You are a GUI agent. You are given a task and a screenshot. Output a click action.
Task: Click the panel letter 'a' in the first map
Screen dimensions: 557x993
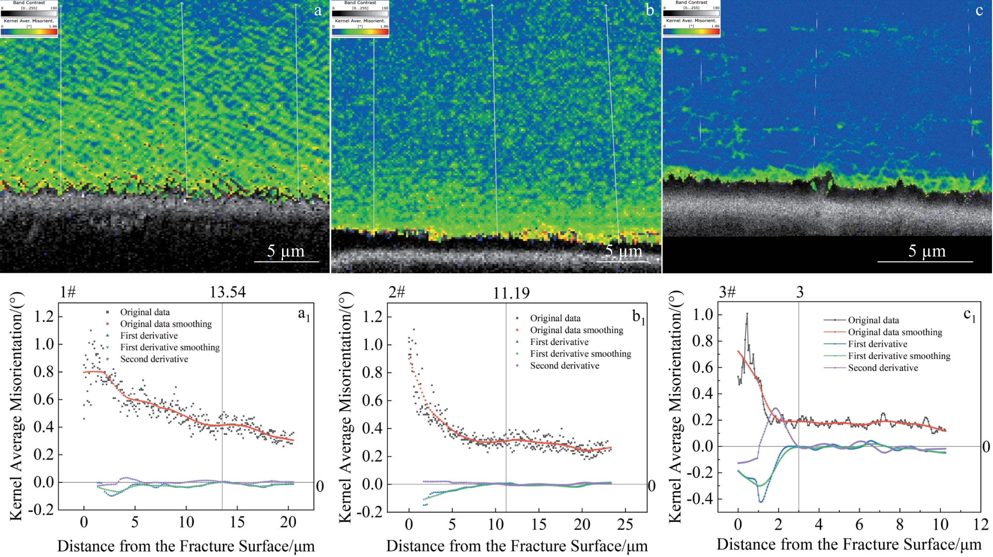point(318,10)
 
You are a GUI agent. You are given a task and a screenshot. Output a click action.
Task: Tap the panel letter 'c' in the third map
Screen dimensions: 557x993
point(979,10)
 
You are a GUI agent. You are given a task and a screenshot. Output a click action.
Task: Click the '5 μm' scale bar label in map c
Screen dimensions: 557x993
point(927,251)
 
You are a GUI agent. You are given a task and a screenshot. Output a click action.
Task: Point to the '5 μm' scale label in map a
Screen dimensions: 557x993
point(286,251)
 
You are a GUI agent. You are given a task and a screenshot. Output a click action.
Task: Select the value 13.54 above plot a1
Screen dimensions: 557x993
point(227,292)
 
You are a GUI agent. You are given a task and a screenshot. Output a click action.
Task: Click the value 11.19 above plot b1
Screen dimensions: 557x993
point(511,294)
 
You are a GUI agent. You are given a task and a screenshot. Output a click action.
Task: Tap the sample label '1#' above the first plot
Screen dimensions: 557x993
point(68,292)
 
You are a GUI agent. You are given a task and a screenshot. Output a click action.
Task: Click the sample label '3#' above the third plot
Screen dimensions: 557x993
point(727,292)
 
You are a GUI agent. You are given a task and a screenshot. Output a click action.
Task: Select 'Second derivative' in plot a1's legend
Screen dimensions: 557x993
point(154,359)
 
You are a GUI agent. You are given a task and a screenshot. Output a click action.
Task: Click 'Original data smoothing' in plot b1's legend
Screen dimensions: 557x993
point(576,330)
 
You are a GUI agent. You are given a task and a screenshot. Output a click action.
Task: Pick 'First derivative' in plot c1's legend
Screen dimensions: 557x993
point(877,344)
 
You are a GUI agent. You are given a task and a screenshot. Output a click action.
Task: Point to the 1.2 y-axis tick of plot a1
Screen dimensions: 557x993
point(44,316)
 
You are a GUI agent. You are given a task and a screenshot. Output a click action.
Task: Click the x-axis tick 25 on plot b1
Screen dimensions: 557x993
point(625,524)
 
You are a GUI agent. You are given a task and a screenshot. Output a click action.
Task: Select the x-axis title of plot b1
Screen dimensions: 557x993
point(517,546)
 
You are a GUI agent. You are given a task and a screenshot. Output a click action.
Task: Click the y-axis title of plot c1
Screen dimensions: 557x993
point(675,406)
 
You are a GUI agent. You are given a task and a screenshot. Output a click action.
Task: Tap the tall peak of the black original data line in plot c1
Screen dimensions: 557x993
point(746,313)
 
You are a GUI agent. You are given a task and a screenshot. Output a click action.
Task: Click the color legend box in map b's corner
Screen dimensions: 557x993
point(360,19)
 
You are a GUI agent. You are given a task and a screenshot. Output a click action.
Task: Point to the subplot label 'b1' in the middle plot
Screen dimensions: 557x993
point(638,317)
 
